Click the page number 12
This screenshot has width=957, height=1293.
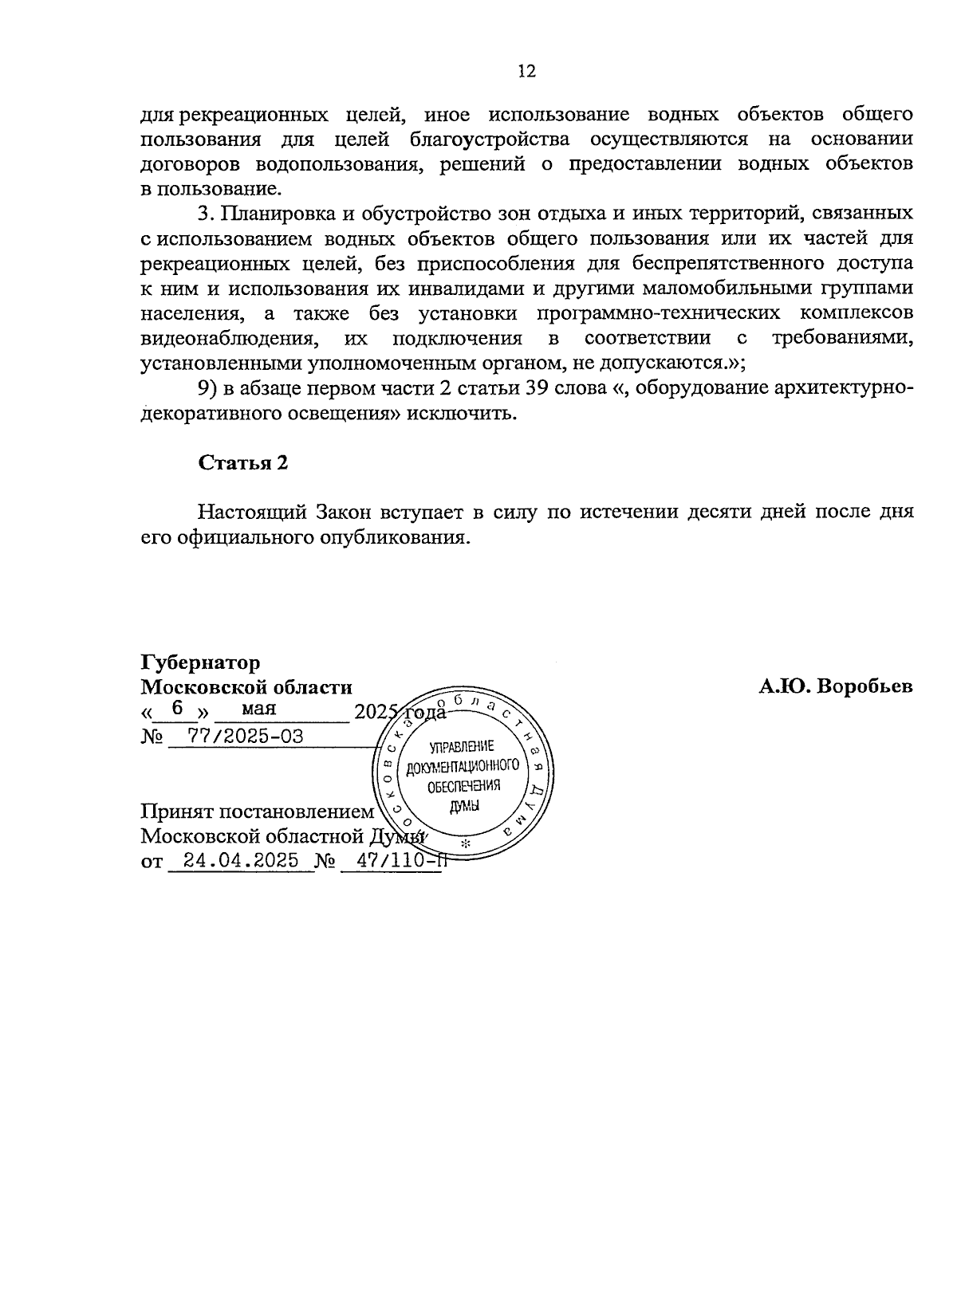pyautogui.click(x=527, y=72)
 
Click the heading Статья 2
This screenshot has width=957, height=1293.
pyautogui.click(x=242, y=463)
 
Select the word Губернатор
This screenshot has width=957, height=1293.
pyautogui.click(x=200, y=662)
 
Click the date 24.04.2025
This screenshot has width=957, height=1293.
pyautogui.click(x=240, y=860)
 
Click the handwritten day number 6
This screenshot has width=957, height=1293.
pyautogui.click(x=177, y=708)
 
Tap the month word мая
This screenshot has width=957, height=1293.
pyautogui.click(x=259, y=708)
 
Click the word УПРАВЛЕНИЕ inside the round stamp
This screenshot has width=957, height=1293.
pyautogui.click(x=462, y=747)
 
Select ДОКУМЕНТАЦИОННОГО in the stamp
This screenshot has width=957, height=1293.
pyautogui.click(x=463, y=767)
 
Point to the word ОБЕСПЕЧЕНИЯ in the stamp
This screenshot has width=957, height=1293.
pyautogui.click(x=463, y=786)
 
